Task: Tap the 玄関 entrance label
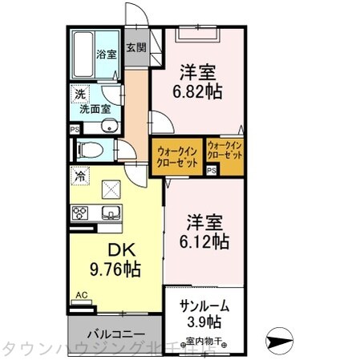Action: [135, 48]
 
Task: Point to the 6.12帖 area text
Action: [202, 239]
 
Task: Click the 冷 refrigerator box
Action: [79, 175]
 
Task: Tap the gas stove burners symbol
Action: [81, 212]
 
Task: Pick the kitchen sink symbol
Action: [111, 212]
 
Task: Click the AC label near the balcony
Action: [80, 295]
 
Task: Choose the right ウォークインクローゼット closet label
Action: [224, 150]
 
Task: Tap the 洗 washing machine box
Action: [79, 95]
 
